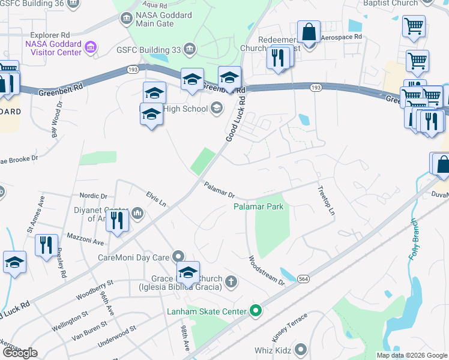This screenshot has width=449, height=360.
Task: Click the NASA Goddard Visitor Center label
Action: coord(53,47)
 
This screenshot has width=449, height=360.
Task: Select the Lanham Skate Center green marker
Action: coord(256,311)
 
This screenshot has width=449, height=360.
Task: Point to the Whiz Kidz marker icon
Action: coord(301,349)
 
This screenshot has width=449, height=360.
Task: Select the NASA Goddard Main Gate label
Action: coord(155,19)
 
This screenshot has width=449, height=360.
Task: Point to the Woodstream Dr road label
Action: coord(266,270)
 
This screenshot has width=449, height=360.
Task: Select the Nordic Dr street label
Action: coord(93,196)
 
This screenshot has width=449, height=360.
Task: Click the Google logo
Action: coord(20,353)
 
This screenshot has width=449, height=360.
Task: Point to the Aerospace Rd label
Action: coord(342,37)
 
